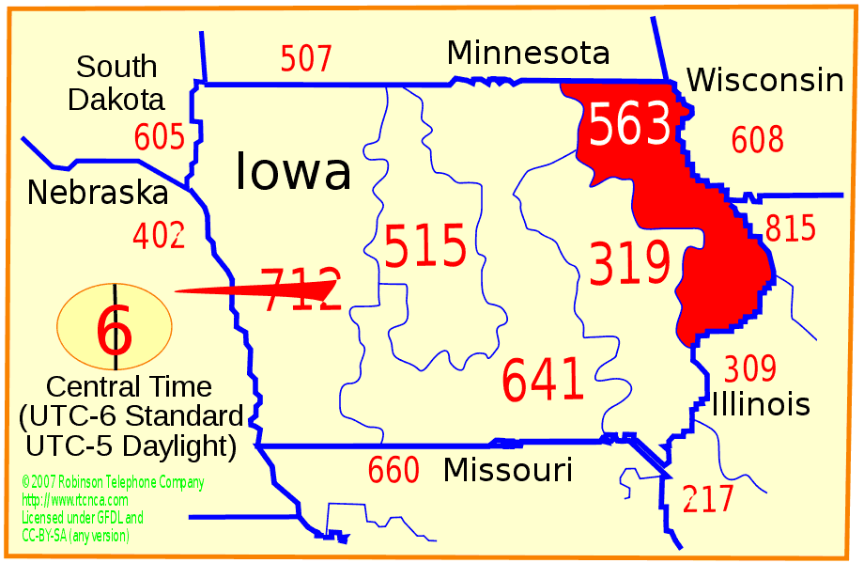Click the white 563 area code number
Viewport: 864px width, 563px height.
click(x=630, y=125)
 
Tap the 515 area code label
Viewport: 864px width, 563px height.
click(x=425, y=247)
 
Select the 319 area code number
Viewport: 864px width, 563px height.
click(x=629, y=263)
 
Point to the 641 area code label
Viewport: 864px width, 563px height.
click(x=543, y=380)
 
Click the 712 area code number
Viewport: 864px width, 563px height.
click(x=300, y=289)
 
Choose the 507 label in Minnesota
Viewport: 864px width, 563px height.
click(x=306, y=59)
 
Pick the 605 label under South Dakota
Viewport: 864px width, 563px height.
click(x=159, y=138)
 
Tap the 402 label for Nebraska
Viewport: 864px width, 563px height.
click(x=159, y=235)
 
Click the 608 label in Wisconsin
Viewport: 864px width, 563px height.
click(x=757, y=140)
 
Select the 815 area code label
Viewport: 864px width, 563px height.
click(x=791, y=228)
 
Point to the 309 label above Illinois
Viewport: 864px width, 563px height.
click(x=749, y=368)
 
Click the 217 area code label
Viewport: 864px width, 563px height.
click(x=708, y=499)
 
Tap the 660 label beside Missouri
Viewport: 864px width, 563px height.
click(x=393, y=470)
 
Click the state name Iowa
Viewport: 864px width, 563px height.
click(x=293, y=172)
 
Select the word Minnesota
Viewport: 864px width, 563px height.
click(x=528, y=53)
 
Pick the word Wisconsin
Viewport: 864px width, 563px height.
click(x=764, y=81)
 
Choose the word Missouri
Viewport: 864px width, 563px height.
click(x=507, y=469)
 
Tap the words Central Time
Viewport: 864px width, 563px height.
click(x=129, y=386)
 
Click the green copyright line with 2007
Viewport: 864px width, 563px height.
click(x=113, y=483)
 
